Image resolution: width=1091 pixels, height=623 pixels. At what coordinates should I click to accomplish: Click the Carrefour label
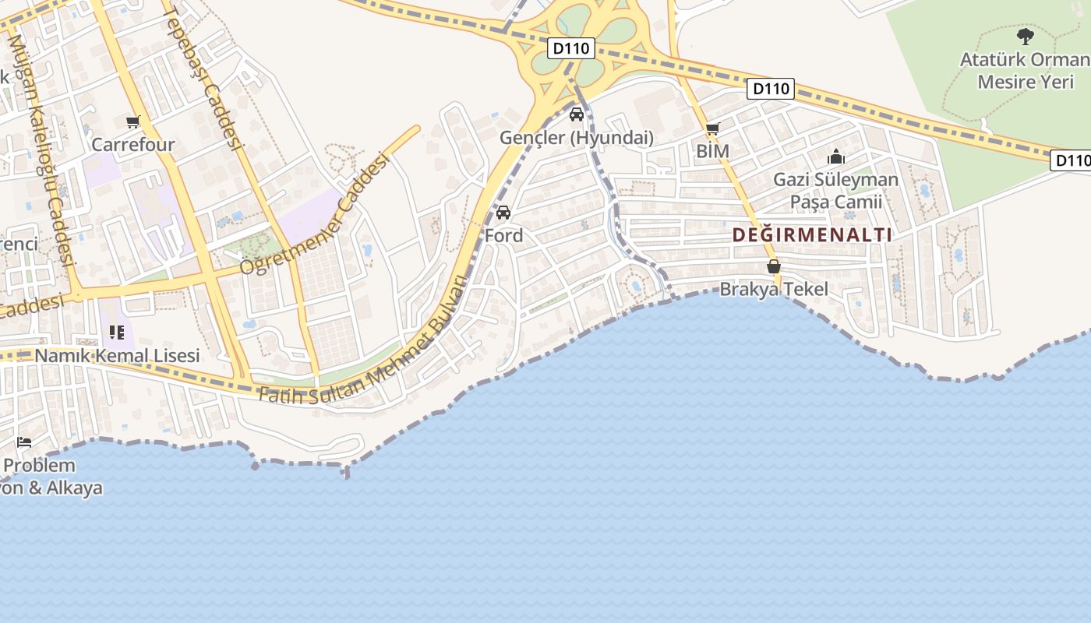tap(133, 145)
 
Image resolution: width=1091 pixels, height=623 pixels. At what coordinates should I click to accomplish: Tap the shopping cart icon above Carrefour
tap(132, 121)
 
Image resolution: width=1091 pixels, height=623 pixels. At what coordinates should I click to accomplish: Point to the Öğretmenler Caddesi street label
tap(314, 213)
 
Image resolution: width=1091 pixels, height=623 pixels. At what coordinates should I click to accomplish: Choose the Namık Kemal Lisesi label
tap(118, 356)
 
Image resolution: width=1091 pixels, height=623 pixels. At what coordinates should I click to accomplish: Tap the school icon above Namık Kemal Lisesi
tap(117, 333)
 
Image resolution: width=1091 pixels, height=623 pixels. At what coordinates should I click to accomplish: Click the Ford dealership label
tap(503, 235)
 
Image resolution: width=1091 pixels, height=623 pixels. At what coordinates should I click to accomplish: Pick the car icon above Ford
tap(503, 213)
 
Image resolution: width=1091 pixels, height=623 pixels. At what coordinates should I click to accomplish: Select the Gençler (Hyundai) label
tap(576, 138)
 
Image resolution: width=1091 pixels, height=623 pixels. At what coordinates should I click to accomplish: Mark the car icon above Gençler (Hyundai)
tap(577, 115)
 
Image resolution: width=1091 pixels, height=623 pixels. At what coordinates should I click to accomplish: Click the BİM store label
tap(712, 151)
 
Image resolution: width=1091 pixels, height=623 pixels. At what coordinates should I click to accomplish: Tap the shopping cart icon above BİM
tap(712, 128)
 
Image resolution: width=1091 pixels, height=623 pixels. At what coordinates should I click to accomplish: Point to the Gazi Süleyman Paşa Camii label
tap(835, 191)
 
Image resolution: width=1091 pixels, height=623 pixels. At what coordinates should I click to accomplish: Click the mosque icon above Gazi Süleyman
tap(836, 157)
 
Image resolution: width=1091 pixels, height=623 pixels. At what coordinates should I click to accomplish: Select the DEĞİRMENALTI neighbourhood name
tap(812, 234)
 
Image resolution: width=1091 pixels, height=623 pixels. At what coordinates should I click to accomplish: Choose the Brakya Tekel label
tap(774, 290)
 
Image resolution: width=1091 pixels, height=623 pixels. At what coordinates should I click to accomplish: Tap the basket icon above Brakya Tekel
tap(774, 266)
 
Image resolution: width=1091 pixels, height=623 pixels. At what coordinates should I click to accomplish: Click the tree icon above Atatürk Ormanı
tap(1026, 36)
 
